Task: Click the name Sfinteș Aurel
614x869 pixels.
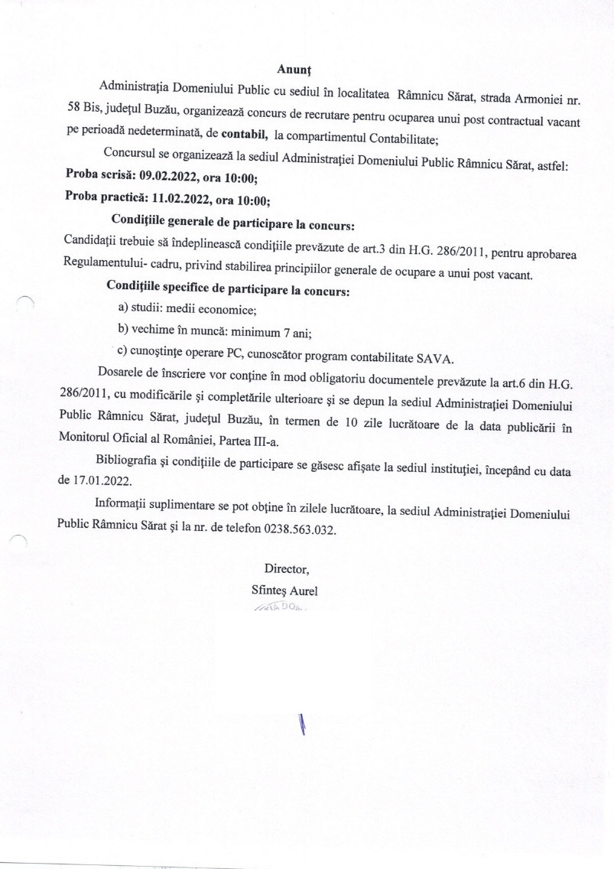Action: (x=284, y=591)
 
